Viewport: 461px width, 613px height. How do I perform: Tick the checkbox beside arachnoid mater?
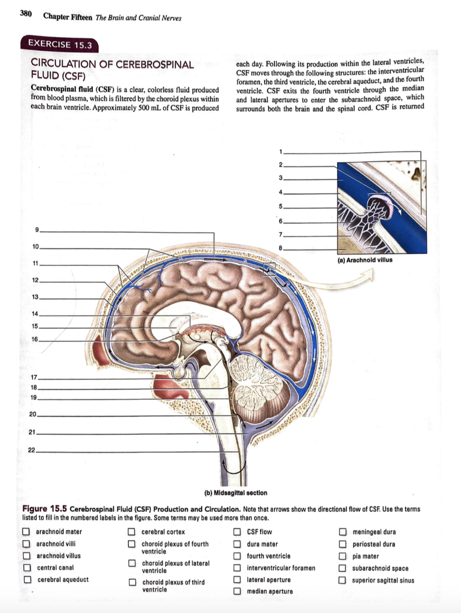[26, 532]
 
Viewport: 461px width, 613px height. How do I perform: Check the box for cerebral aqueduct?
[26, 579]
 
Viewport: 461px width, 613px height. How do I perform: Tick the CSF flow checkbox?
[237, 532]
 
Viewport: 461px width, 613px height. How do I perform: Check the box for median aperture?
[237, 591]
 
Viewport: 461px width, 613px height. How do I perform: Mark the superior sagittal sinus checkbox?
[343, 579]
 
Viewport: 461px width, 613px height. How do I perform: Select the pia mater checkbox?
[343, 556]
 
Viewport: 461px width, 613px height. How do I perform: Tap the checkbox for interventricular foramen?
[237, 568]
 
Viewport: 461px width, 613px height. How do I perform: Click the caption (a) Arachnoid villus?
[369, 260]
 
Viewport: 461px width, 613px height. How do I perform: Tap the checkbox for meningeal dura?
[343, 532]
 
